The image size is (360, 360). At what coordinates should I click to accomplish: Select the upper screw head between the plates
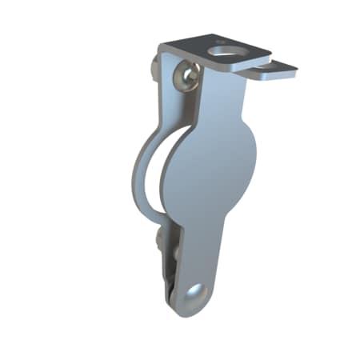pos(187,77)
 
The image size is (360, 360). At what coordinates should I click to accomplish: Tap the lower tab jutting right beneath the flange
pos(276,73)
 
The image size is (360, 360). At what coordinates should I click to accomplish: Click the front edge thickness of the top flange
pos(248,67)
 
